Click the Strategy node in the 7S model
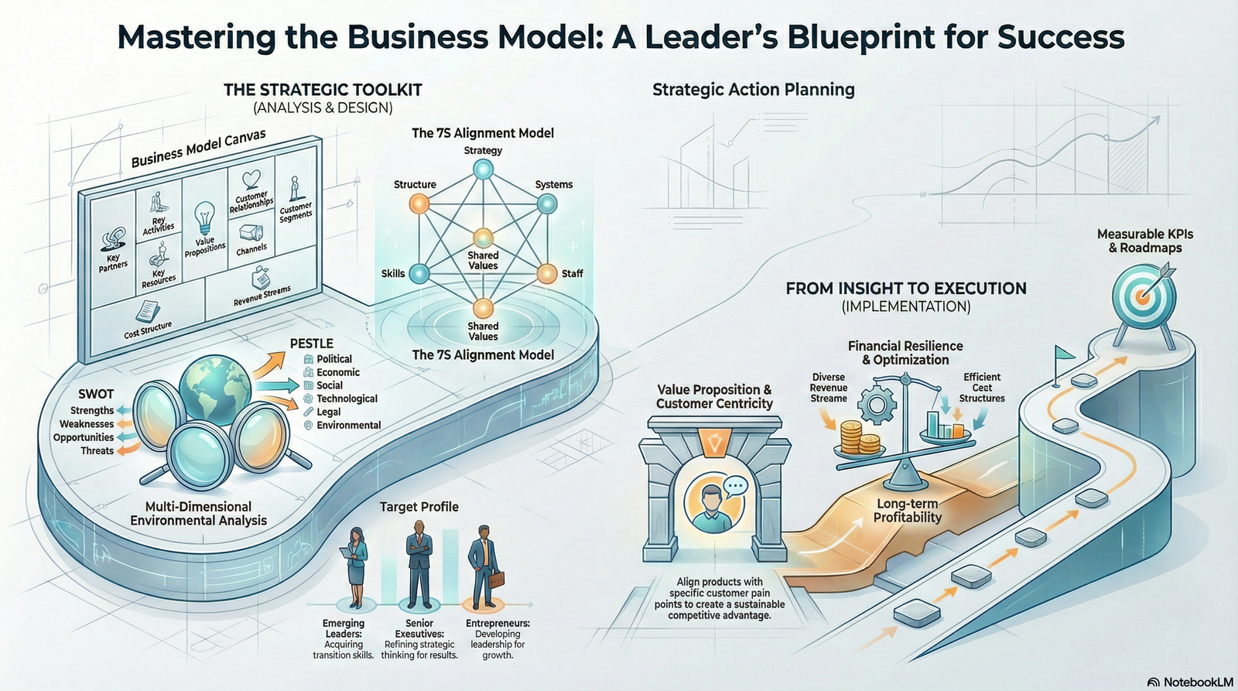(482, 169)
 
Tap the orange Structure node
(419, 204)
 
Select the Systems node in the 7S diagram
(546, 204)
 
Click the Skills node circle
(419, 272)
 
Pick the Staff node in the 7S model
(546, 273)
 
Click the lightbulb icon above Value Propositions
(204, 217)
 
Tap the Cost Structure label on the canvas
(147, 330)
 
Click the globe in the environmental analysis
(214, 385)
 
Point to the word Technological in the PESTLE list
(347, 399)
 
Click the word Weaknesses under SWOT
(87, 424)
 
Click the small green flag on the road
(1063, 354)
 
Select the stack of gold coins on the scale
(858, 439)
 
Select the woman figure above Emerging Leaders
(357, 566)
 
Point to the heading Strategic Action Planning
(753, 90)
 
